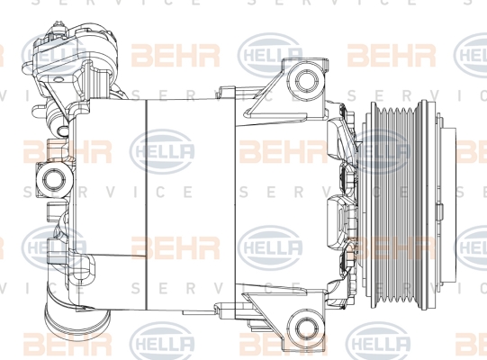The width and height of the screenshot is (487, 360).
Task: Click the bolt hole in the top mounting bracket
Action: (x=306, y=79)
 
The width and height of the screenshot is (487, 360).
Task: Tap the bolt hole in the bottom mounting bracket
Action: (x=306, y=328)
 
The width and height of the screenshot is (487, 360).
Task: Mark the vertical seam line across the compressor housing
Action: (x=146, y=205)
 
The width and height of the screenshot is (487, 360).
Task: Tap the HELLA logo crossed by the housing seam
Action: (x=162, y=151)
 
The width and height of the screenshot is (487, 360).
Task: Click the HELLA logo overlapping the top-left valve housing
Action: (x=53, y=55)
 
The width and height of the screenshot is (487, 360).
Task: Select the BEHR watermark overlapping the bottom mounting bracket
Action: (x=284, y=344)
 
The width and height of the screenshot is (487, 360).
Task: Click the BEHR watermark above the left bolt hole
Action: (x=68, y=152)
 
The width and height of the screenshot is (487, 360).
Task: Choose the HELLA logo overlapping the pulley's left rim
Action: (x=378, y=151)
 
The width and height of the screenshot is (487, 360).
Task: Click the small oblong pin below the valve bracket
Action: (x=63, y=129)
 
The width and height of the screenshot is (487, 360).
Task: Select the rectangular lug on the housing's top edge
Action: (x=227, y=93)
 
